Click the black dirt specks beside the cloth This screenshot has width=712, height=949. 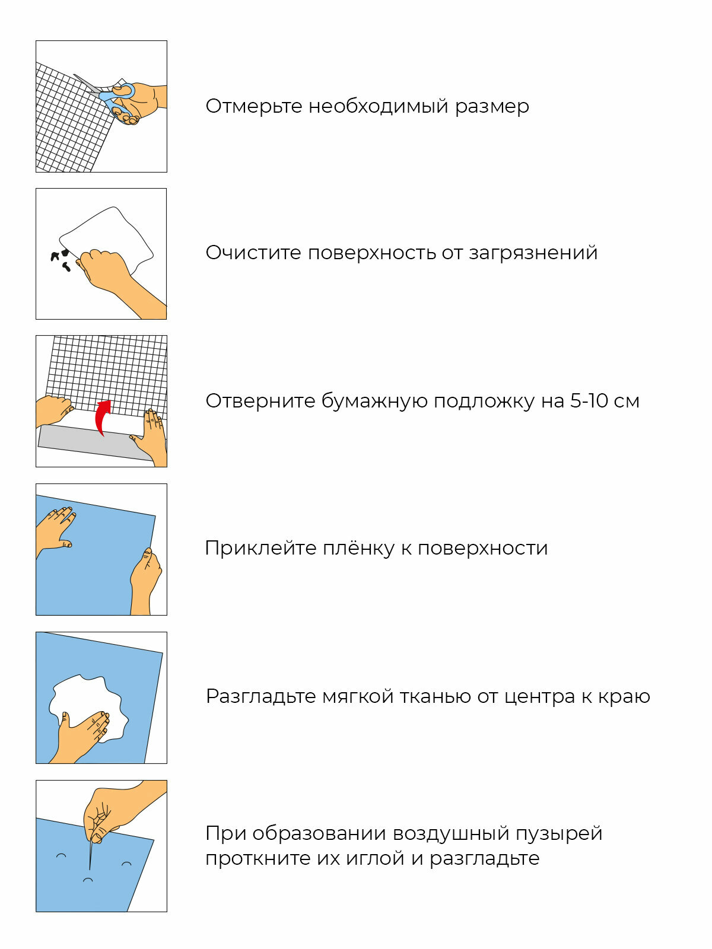(61, 259)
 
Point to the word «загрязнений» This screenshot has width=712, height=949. (533, 253)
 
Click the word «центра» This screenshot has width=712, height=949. (539, 696)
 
